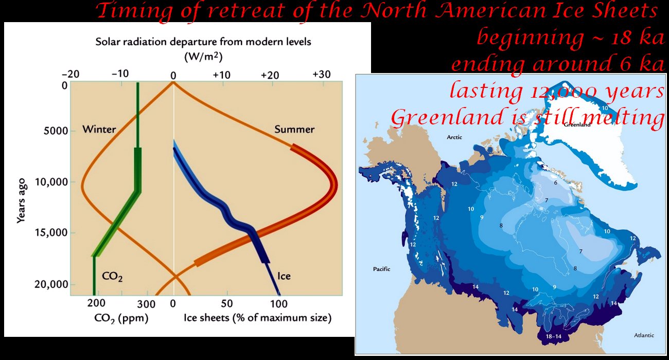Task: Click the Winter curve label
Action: (99, 129)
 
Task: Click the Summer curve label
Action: (294, 129)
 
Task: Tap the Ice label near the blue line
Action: (284, 276)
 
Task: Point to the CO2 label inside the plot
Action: (112, 276)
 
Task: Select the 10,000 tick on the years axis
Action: (51, 182)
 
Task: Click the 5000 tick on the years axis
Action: (56, 131)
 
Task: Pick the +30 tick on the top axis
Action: (322, 75)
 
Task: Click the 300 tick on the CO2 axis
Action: (146, 304)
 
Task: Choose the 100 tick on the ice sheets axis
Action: (278, 304)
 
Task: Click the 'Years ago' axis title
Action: (21, 201)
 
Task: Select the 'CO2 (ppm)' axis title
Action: (121, 318)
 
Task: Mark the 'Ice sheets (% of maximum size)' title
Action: (258, 318)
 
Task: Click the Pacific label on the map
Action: (382, 269)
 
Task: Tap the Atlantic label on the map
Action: (644, 335)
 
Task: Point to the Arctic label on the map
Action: (454, 137)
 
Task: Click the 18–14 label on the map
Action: (553, 336)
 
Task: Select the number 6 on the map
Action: (555, 183)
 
